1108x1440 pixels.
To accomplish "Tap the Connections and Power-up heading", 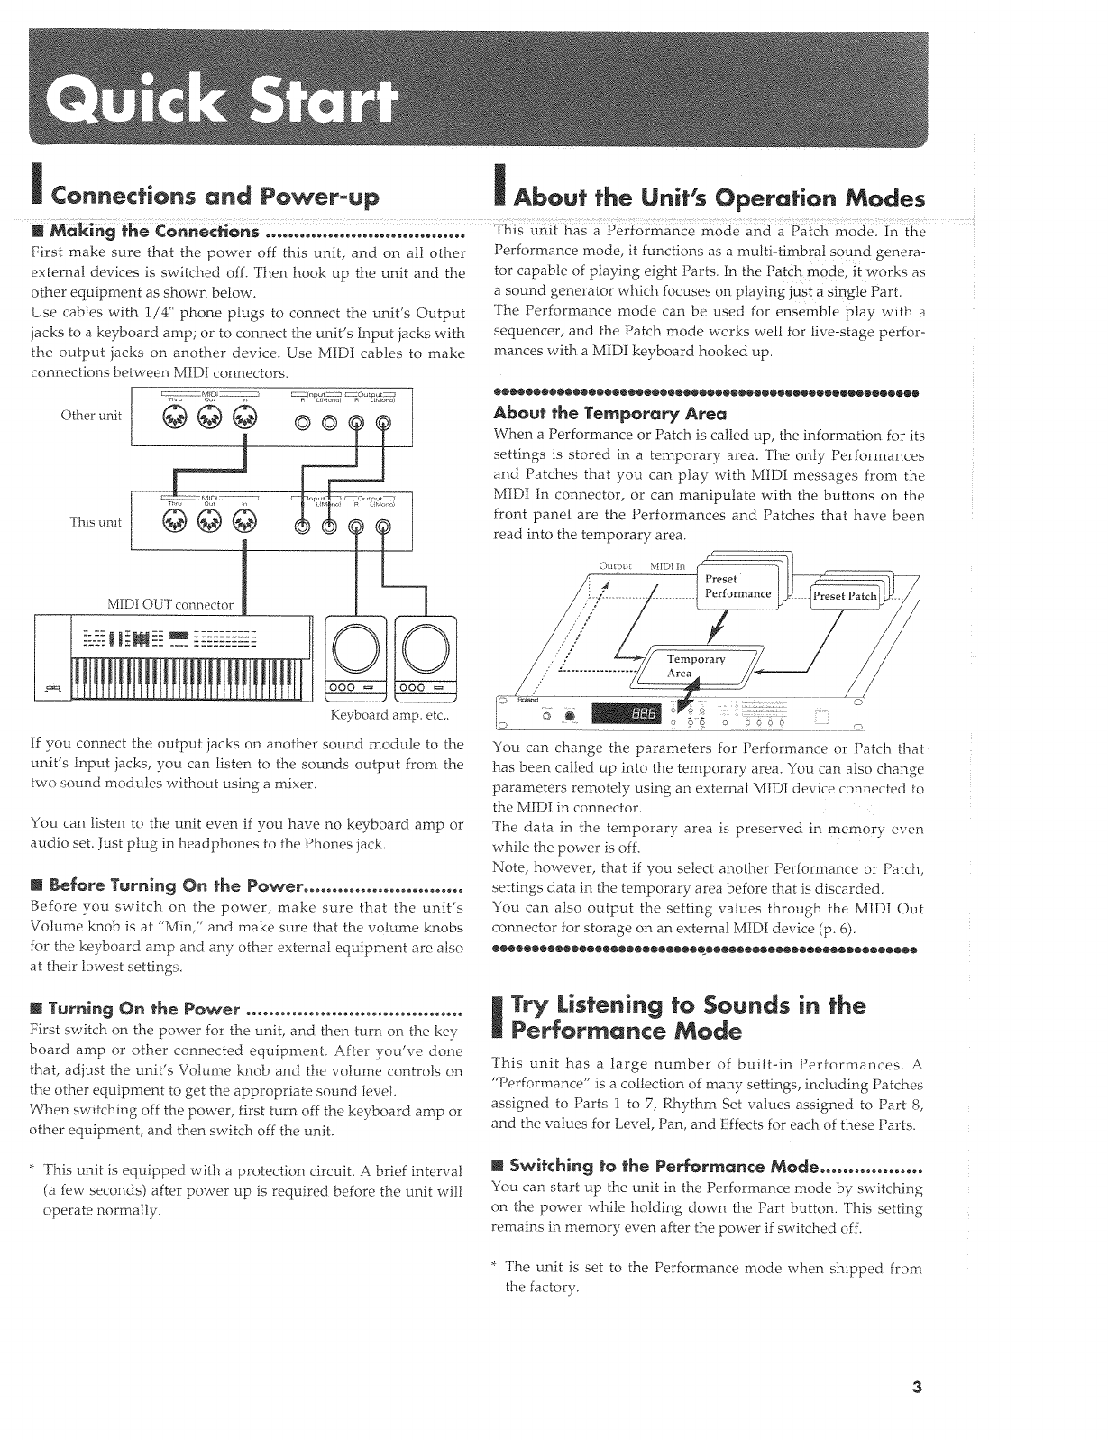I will coord(215,197).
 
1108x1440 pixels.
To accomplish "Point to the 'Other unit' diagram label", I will coord(90,416).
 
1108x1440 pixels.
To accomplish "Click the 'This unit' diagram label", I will coord(95,521).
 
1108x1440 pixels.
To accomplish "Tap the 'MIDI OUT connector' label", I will coord(170,604).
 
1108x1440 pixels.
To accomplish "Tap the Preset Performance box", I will coord(737,587).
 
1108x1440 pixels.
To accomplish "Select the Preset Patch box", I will coord(844,596).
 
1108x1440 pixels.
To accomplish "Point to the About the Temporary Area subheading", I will coord(609,414).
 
